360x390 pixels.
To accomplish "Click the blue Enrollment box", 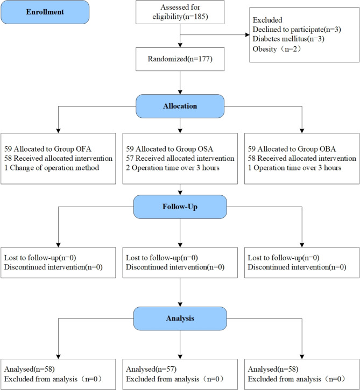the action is point(45,12).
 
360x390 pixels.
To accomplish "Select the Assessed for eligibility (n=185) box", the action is point(180,12).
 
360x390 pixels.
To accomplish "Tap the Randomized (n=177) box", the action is point(180,59).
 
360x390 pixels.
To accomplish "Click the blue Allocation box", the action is point(180,106).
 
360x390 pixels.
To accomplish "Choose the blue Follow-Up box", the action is point(180,207).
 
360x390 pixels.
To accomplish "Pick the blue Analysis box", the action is point(180,318).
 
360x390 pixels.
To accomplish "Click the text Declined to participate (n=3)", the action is point(297,30).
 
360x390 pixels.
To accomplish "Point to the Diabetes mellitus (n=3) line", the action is point(288,39).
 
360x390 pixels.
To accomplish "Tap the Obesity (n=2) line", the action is point(277,49).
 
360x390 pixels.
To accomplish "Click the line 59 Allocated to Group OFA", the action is point(48,149).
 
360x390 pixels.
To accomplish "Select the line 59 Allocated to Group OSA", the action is point(170,149).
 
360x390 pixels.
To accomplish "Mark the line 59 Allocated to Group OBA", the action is point(292,149).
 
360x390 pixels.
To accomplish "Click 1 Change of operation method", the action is point(52,168).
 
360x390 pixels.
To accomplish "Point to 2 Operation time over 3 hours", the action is point(173,168).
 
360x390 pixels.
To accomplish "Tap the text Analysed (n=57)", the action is point(151,370).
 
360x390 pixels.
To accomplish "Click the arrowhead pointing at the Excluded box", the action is point(248,35).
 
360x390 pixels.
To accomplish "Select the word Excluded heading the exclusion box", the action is point(267,20).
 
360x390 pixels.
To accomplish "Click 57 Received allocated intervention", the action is point(180,159).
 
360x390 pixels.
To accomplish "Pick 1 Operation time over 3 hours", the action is point(294,168).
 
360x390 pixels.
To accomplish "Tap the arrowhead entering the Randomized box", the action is point(180,45).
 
